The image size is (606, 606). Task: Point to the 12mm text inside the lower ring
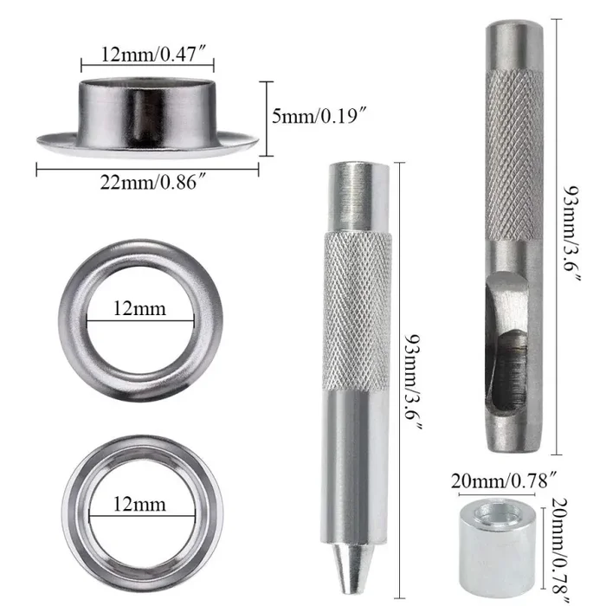(139, 503)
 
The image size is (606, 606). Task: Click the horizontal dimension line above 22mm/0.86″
(147, 171)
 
